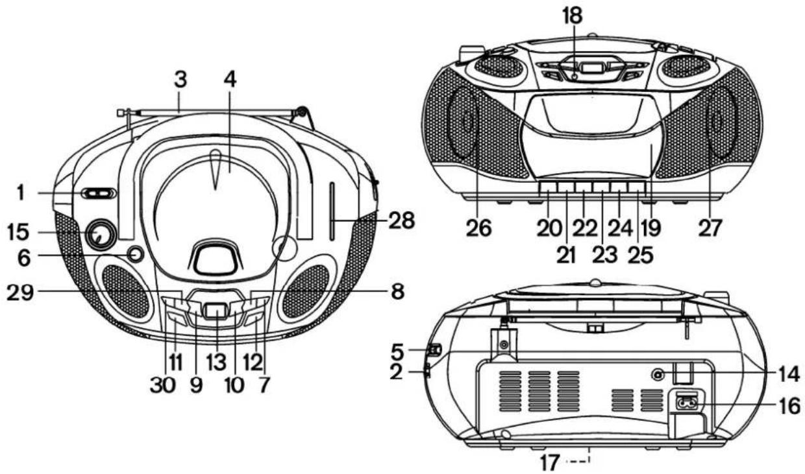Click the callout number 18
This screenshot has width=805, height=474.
(572, 16)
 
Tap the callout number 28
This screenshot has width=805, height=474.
(402, 220)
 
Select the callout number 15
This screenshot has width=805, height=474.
(18, 232)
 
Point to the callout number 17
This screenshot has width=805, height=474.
(550, 462)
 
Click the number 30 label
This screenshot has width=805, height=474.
(163, 385)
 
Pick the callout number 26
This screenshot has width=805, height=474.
(478, 228)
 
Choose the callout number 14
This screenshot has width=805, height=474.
(789, 374)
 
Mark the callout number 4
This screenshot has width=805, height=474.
(230, 79)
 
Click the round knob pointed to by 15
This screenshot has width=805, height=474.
(101, 235)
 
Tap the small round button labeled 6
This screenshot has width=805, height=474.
(136, 254)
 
